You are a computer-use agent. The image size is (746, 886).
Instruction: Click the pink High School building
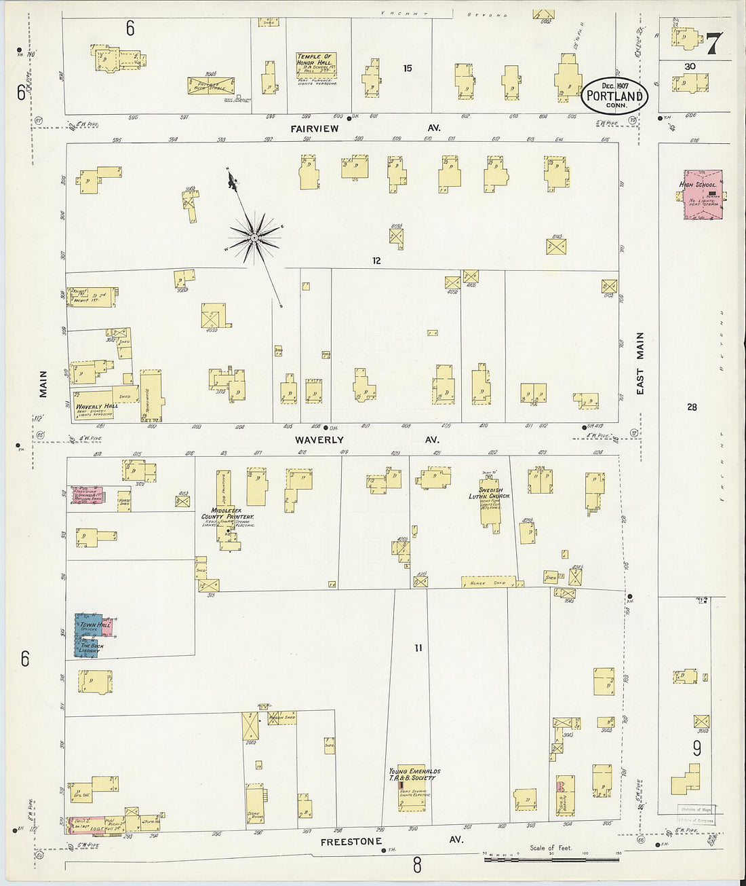(702, 195)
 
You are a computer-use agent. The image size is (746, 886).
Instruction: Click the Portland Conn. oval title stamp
(614, 94)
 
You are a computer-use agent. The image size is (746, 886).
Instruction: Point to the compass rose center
(254, 237)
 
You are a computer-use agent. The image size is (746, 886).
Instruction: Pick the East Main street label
(640, 363)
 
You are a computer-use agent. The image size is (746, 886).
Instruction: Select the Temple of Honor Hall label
(315, 60)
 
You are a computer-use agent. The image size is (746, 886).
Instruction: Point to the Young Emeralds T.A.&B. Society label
(414, 775)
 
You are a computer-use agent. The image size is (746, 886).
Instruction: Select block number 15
(407, 68)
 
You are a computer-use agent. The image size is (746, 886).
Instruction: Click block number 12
(376, 261)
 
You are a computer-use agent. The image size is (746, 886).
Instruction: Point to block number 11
(418, 648)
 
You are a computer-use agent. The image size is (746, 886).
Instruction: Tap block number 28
(692, 407)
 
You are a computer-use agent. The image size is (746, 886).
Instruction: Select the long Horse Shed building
(488, 582)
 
